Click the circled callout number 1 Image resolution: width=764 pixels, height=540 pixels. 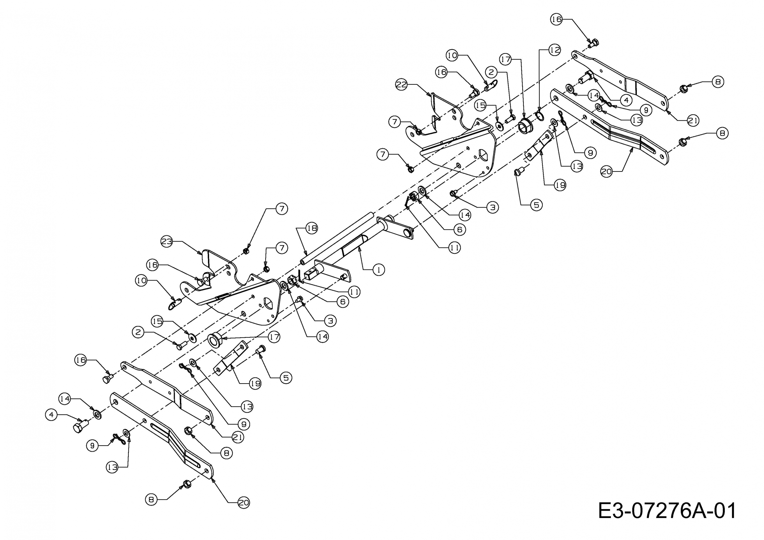pyautogui.click(x=378, y=270)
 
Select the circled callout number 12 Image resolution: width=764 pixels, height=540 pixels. pyautogui.click(x=554, y=50)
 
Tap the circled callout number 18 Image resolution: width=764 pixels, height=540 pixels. pyautogui.click(x=312, y=228)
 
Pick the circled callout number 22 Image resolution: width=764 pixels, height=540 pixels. pyautogui.click(x=402, y=85)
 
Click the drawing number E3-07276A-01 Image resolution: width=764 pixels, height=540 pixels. pyautogui.click(x=667, y=511)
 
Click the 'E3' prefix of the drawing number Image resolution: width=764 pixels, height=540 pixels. pyautogui.click(x=609, y=511)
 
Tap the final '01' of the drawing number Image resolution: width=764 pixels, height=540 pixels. pyautogui.click(x=725, y=511)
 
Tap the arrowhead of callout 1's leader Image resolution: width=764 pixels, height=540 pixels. pyautogui.click(x=360, y=249)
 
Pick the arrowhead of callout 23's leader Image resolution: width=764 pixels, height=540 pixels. pyautogui.click(x=201, y=252)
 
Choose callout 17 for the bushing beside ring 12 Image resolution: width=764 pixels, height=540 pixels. pyautogui.click(x=506, y=60)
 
